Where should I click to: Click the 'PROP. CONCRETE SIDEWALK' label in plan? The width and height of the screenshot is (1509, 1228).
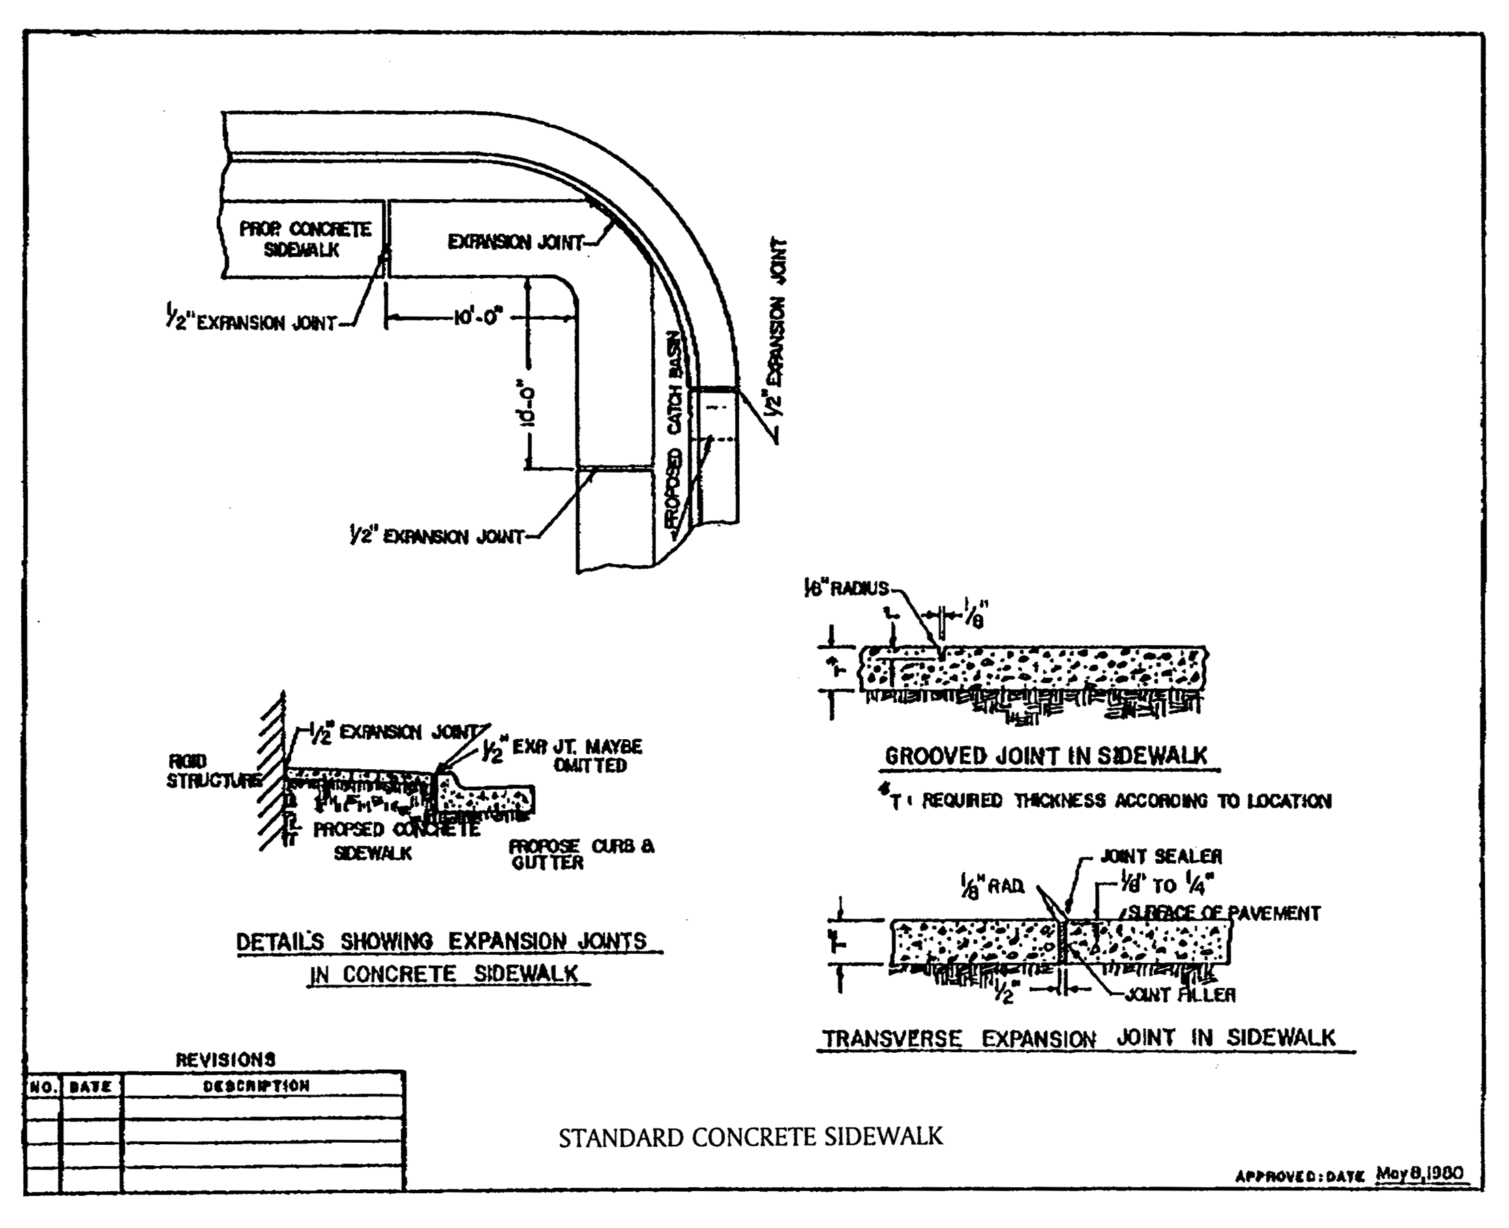304,239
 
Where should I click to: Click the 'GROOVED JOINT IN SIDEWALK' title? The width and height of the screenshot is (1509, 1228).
1045,756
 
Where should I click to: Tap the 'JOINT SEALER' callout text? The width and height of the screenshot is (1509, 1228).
1161,856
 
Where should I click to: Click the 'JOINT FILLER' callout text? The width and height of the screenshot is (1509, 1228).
1180,995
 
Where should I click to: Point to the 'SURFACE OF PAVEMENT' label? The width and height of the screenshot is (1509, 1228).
1223,913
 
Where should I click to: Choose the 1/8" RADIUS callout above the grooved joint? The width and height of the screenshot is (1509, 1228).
846,588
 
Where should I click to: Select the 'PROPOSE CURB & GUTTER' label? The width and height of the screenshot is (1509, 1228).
580,854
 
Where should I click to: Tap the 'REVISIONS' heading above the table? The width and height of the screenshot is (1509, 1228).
225,1060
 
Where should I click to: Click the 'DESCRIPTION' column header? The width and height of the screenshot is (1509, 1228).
256,1085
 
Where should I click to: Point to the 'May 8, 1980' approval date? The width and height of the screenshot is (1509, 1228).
1419,1173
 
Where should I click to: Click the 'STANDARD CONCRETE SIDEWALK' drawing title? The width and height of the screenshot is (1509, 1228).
751,1137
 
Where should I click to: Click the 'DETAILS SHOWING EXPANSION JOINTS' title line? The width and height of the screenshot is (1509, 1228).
440,942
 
